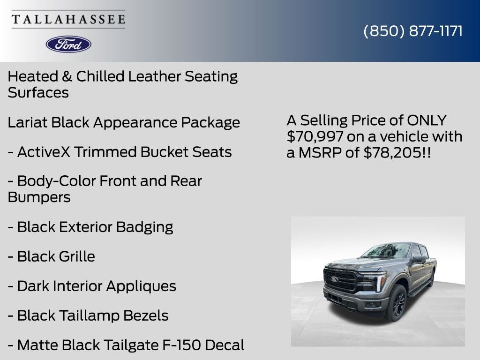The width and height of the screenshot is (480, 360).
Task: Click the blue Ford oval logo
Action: coord(68,44)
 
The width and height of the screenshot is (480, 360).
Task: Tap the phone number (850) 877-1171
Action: coord(413,31)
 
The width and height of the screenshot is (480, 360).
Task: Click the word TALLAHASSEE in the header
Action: coord(68,19)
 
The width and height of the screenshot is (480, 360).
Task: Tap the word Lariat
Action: coord(27,122)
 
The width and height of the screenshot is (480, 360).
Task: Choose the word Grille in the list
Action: coord(76,256)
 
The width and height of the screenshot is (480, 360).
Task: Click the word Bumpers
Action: coord(39,197)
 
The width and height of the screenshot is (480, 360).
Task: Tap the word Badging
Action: coord(144,227)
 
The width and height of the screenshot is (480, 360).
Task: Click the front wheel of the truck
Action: coord(397,303)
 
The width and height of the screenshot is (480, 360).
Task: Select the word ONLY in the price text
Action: coord(427,120)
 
